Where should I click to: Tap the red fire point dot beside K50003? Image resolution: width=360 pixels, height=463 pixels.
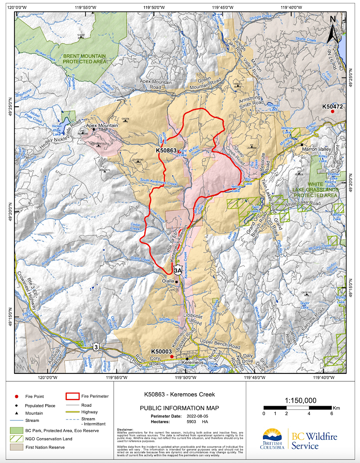pyautogui.click(x=172, y=356)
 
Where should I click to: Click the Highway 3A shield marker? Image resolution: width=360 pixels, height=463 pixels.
pyautogui.click(x=178, y=270)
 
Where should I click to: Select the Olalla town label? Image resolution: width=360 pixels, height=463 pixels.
pyautogui.click(x=168, y=281)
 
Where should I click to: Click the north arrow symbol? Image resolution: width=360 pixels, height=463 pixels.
pyautogui.click(x=333, y=30)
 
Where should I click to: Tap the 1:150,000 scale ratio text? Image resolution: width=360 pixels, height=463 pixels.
pyautogui.click(x=301, y=400)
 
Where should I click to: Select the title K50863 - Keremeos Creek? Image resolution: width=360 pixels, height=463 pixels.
pyautogui.click(x=179, y=394)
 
